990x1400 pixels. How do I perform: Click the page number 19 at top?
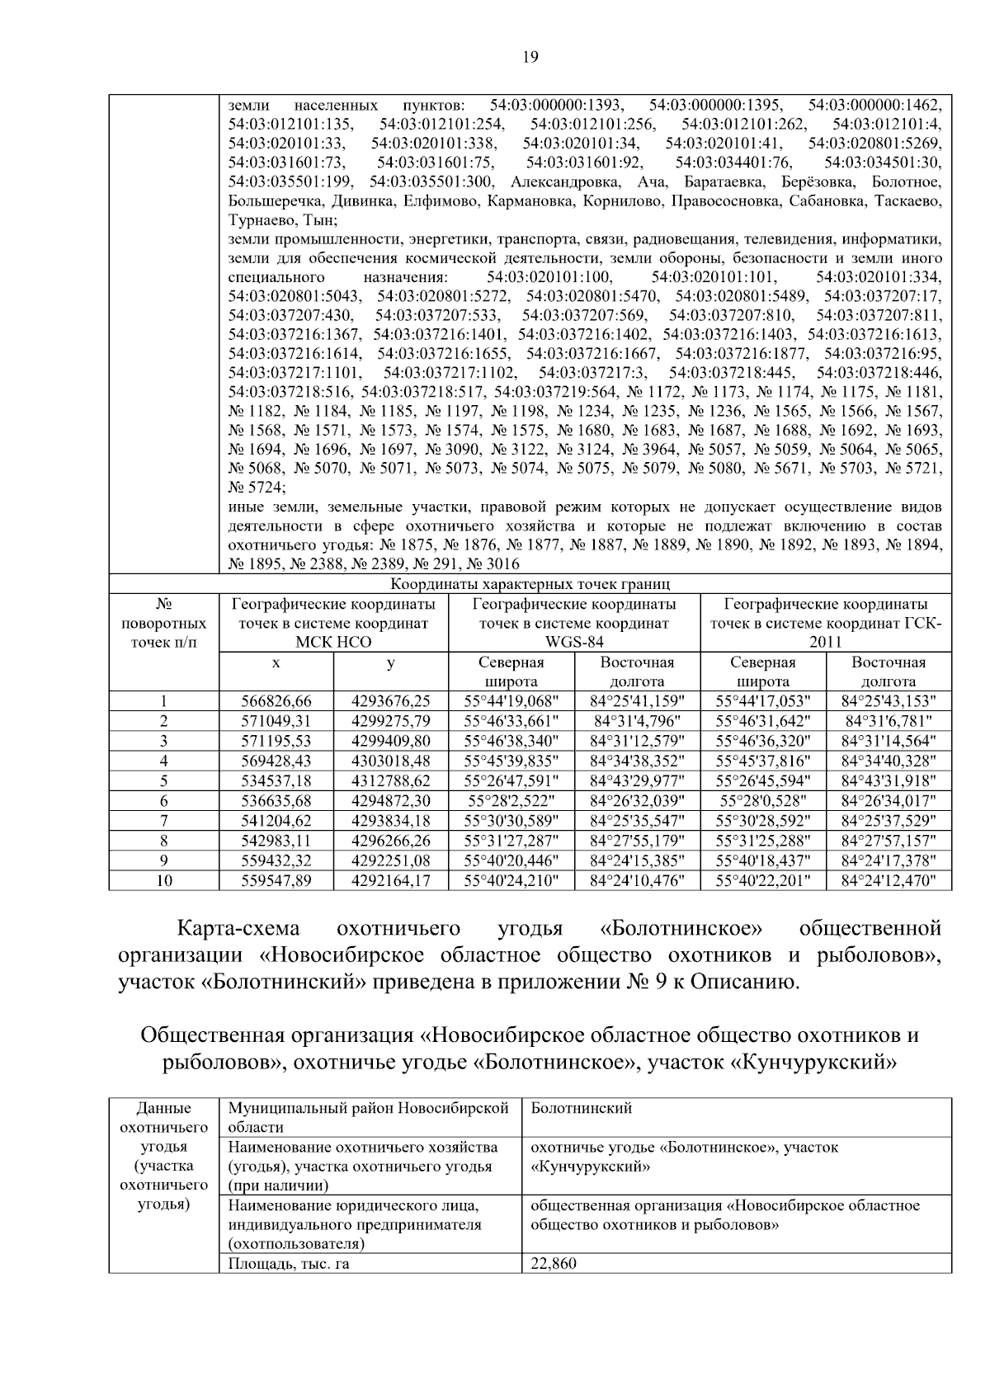(x=530, y=57)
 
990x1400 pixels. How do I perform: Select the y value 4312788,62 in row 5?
(x=391, y=780)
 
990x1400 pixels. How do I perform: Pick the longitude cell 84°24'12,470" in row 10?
(x=889, y=880)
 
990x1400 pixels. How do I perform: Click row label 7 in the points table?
(x=164, y=820)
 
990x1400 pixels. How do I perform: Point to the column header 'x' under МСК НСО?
(x=276, y=662)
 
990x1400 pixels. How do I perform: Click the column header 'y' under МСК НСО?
(x=390, y=662)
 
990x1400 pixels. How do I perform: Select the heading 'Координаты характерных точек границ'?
(x=530, y=585)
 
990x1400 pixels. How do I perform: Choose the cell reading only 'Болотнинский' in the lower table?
(x=582, y=1108)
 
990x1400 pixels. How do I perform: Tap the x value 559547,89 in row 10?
(x=276, y=880)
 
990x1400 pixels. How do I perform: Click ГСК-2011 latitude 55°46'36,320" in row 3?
(x=763, y=741)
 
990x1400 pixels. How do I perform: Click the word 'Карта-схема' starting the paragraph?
(x=239, y=928)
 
